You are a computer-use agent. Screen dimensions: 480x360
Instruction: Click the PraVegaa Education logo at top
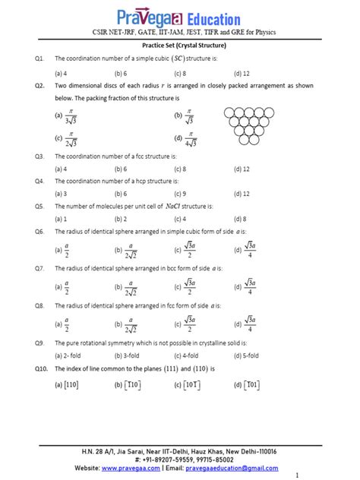pos(179,16)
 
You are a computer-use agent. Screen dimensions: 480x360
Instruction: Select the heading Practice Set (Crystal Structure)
pos(180,46)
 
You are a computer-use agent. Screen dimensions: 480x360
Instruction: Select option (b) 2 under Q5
pos(120,218)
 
